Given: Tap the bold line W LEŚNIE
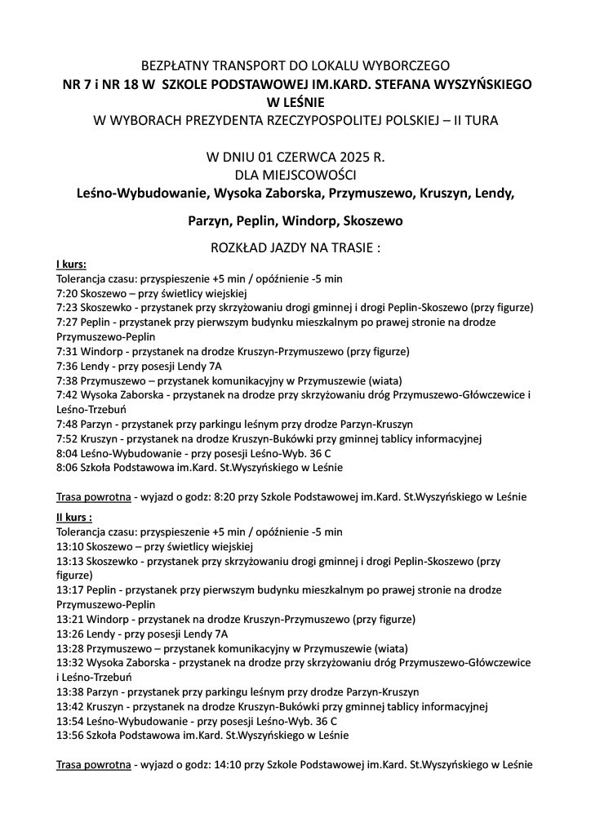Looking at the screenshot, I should (x=295, y=102).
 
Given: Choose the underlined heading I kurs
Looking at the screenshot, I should (x=71, y=265).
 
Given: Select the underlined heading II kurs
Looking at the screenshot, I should (x=73, y=517).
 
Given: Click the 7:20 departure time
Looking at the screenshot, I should (x=66, y=293).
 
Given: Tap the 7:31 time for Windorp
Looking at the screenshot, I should (x=66, y=352).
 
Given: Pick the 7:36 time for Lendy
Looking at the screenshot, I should (x=66, y=367).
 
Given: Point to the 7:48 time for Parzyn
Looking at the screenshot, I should (x=66, y=424).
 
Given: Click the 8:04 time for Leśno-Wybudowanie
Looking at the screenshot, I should (x=66, y=453).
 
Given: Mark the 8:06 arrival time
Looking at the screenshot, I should (x=66, y=468).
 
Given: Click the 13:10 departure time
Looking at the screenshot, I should (x=69, y=546).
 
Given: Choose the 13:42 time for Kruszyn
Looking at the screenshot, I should (x=69, y=706).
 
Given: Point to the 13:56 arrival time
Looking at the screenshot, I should (x=69, y=736).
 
